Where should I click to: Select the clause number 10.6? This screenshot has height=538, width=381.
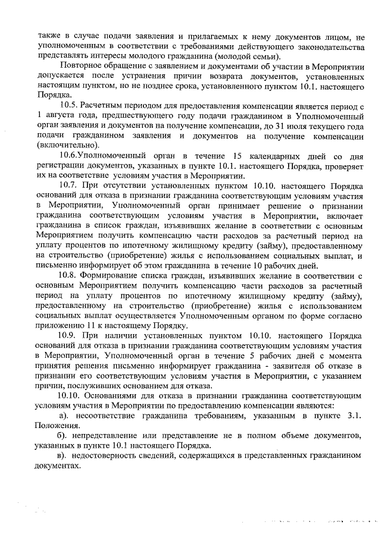pos(69,155)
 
